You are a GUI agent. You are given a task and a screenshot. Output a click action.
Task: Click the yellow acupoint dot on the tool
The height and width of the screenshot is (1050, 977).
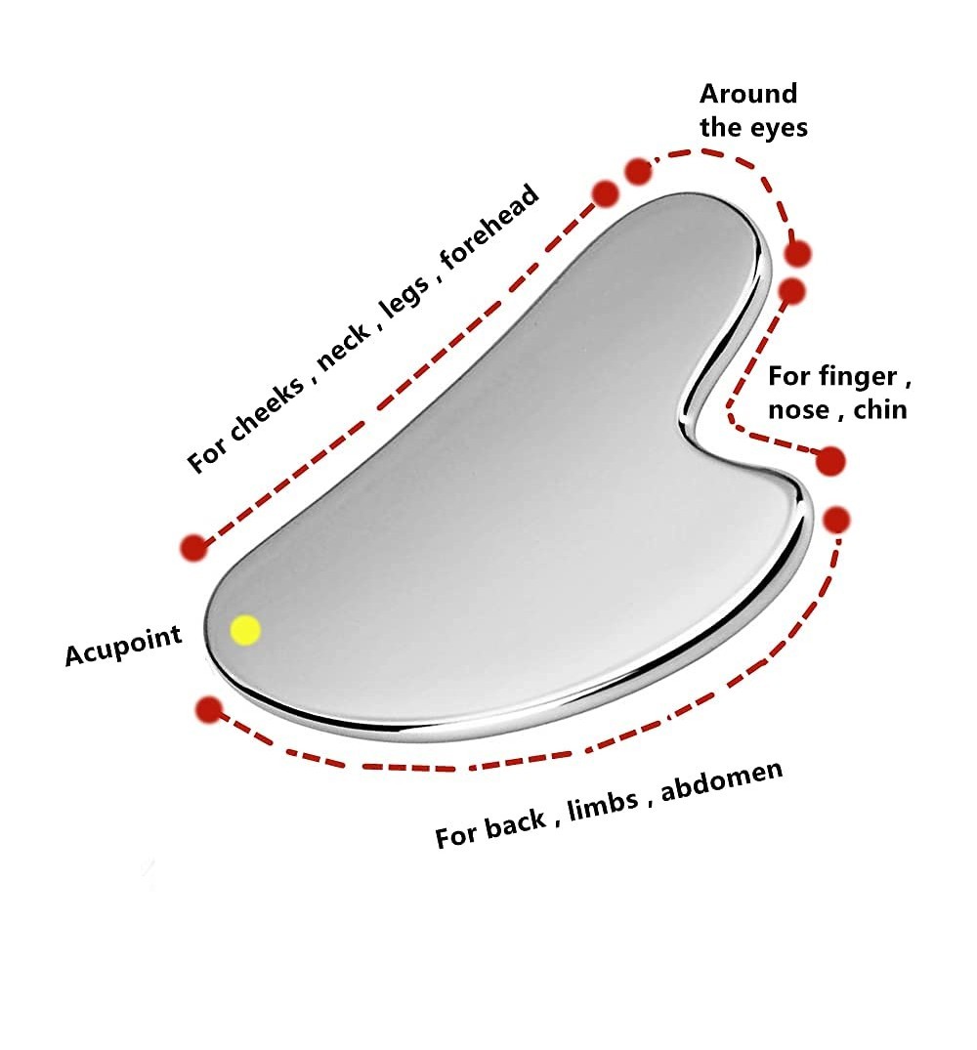[245, 630]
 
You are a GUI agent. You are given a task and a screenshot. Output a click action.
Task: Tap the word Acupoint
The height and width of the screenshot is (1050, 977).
[123, 646]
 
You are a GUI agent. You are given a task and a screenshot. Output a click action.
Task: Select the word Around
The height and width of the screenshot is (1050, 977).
[748, 94]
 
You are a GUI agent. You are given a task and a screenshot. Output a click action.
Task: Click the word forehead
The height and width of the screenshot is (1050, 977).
[489, 227]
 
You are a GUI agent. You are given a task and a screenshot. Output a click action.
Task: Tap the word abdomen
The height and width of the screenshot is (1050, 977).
[722, 780]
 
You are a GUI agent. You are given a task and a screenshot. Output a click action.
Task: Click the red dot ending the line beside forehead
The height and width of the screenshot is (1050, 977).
[606, 193]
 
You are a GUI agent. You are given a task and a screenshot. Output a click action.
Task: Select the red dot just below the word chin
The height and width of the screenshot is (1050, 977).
[830, 461]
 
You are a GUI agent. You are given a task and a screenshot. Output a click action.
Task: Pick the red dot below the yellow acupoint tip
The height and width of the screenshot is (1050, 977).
[210, 710]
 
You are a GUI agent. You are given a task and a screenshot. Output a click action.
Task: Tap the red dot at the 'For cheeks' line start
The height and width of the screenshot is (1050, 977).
[193, 547]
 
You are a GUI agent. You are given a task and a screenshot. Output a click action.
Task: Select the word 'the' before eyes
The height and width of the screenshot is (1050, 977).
[720, 127]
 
